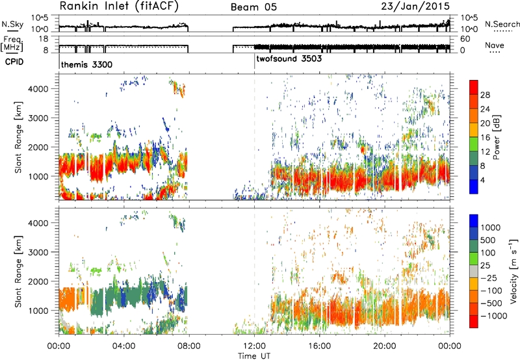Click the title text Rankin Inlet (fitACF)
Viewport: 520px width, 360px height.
click(119, 6)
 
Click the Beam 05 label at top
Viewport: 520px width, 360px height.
click(253, 7)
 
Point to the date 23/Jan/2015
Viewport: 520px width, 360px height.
click(415, 6)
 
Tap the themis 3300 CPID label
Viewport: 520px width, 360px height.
click(86, 64)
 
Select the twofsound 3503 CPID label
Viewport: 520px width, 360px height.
click(289, 58)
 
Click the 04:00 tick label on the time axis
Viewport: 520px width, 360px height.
click(124, 346)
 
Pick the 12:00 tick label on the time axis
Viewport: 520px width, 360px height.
click(254, 346)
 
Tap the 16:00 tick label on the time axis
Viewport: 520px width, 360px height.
click(319, 346)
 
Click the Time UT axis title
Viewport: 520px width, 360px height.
click(254, 356)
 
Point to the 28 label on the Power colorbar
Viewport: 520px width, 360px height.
click(485, 95)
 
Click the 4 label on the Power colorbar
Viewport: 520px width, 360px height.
click(483, 181)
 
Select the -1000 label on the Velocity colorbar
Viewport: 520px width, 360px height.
click(494, 316)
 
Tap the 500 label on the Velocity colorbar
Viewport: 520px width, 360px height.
click(488, 240)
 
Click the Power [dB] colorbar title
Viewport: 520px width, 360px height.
click(497, 137)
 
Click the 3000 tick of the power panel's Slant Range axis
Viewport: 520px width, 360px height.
click(39, 118)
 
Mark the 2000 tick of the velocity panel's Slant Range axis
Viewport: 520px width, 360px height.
click(39, 281)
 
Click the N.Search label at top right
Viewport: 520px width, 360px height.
click(502, 24)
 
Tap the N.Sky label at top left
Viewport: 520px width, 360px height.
click(12, 24)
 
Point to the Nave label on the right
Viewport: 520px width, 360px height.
click(495, 45)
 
